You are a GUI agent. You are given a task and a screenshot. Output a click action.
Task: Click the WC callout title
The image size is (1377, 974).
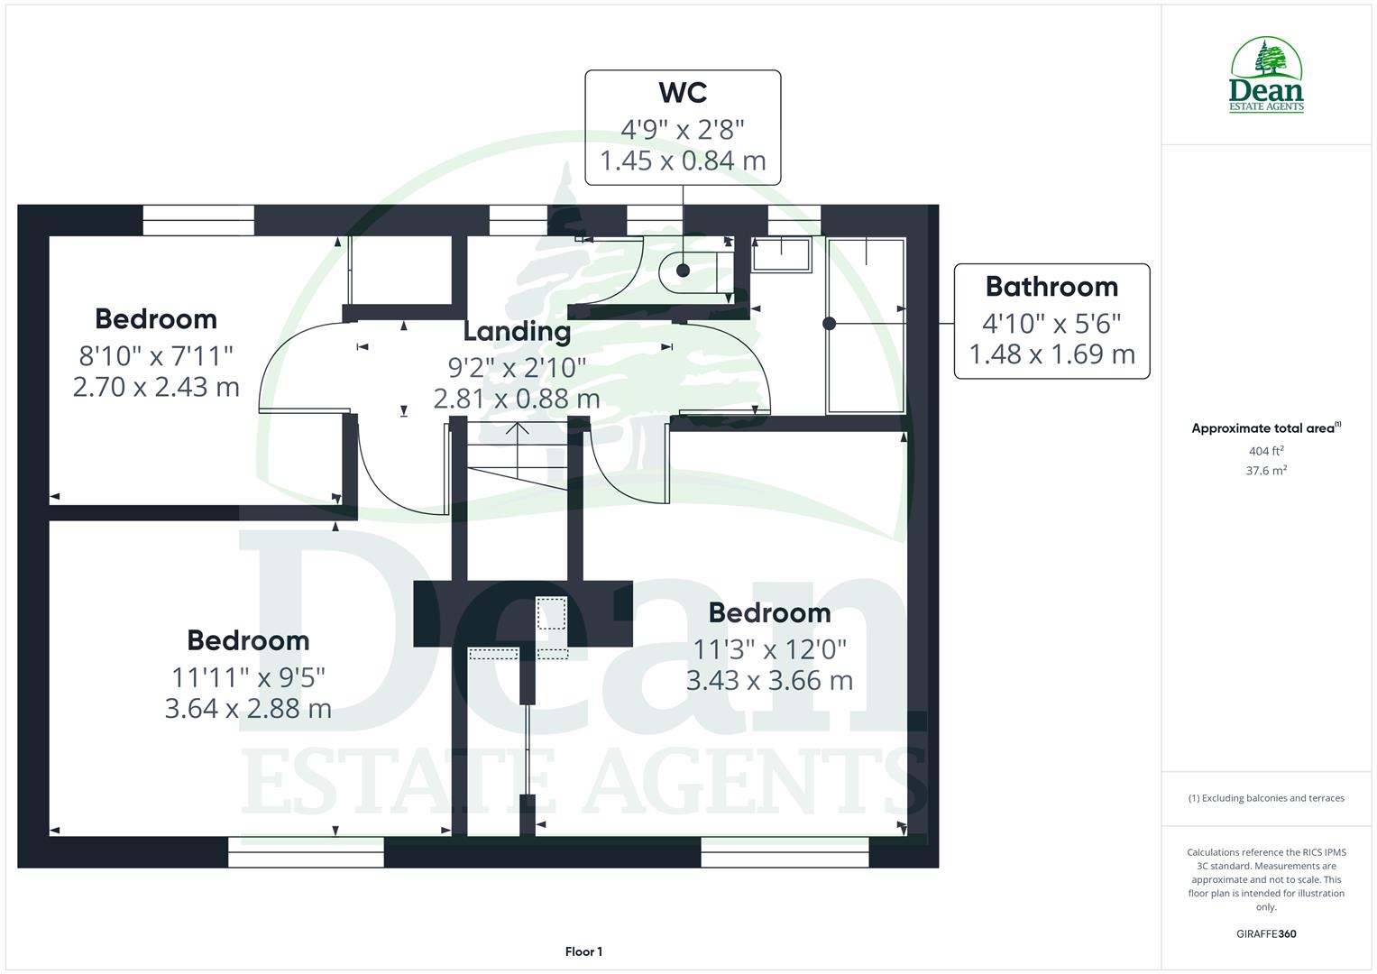pos(683,93)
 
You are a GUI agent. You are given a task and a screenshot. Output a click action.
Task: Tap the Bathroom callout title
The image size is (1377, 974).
pos(1051,287)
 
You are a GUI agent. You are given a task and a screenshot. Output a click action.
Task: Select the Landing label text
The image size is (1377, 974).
pos(517,331)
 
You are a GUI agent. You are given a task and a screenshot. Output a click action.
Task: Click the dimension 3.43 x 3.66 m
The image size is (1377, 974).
pos(769,680)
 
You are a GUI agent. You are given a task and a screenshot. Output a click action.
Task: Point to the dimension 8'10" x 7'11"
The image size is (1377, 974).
pos(156,354)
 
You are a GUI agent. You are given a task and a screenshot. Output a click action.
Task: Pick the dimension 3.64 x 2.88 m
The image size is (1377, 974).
pos(248,708)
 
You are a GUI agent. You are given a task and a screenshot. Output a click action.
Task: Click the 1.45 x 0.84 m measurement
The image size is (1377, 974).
pos(683,161)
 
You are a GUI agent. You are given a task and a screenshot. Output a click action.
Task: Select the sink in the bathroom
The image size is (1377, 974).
pos(782,254)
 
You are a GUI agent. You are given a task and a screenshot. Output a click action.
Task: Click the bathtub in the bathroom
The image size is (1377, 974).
pos(866,325)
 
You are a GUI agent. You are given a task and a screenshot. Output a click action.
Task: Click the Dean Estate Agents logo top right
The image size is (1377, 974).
pos(1266,76)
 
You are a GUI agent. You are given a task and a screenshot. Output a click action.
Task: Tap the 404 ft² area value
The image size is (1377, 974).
pos(1266,451)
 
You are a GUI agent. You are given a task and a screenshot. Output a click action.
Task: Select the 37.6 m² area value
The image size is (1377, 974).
pos(1266,470)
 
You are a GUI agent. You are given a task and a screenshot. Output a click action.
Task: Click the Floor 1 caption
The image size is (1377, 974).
pos(583,951)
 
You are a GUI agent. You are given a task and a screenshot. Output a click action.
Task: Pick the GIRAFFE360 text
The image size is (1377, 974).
pos(1266,933)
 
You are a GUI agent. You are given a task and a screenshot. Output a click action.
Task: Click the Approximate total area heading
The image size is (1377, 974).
pos(1265,428)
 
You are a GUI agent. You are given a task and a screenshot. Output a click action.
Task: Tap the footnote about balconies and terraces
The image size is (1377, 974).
pos(1266,798)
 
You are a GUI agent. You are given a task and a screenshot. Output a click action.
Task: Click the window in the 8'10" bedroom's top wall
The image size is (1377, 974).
pos(198,220)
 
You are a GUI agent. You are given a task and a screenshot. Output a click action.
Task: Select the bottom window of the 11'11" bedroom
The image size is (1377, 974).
pos(306,851)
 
